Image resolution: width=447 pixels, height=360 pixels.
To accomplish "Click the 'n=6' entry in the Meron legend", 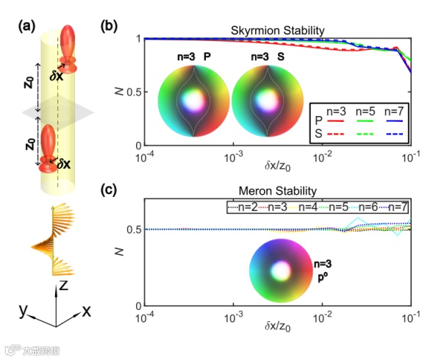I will click(371, 208).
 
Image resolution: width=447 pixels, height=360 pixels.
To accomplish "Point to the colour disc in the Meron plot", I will click(280, 271).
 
